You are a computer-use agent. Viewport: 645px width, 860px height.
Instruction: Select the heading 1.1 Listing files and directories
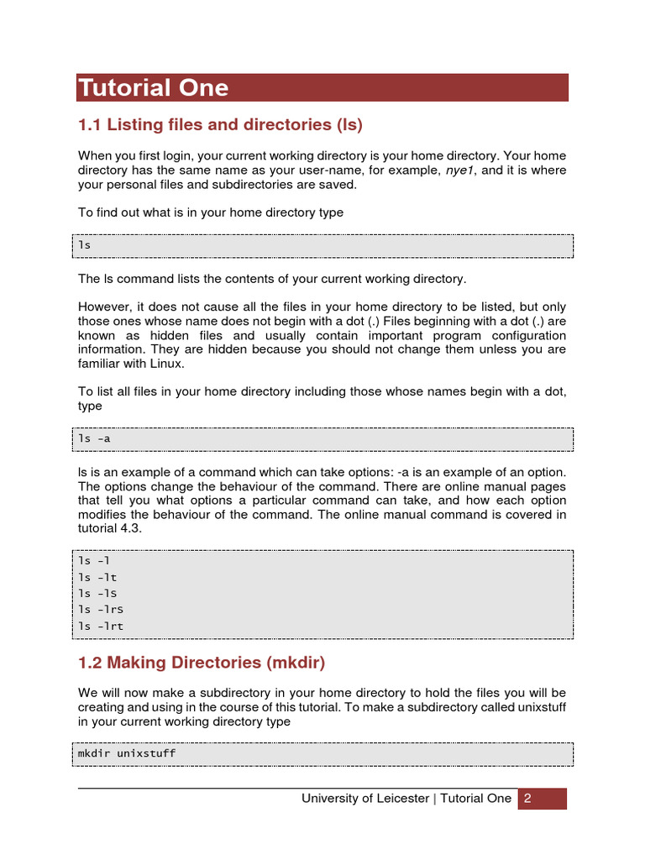tap(220, 125)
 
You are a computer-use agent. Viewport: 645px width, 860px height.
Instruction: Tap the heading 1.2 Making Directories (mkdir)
tap(201, 663)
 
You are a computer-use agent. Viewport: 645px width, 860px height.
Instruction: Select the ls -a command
tap(95, 438)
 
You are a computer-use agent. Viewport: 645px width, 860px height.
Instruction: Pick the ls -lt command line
tap(97, 577)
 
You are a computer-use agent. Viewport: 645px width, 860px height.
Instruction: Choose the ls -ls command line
tap(97, 593)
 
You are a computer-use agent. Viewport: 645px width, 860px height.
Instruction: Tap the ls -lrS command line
tap(101, 610)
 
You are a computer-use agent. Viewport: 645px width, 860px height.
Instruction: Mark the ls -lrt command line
tap(101, 626)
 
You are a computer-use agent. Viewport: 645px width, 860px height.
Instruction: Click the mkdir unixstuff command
tap(127, 753)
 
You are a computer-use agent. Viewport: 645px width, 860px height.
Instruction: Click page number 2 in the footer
tap(528, 799)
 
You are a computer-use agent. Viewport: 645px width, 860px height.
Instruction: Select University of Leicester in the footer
tap(365, 799)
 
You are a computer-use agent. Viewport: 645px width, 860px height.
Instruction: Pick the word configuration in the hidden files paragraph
tap(531, 335)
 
